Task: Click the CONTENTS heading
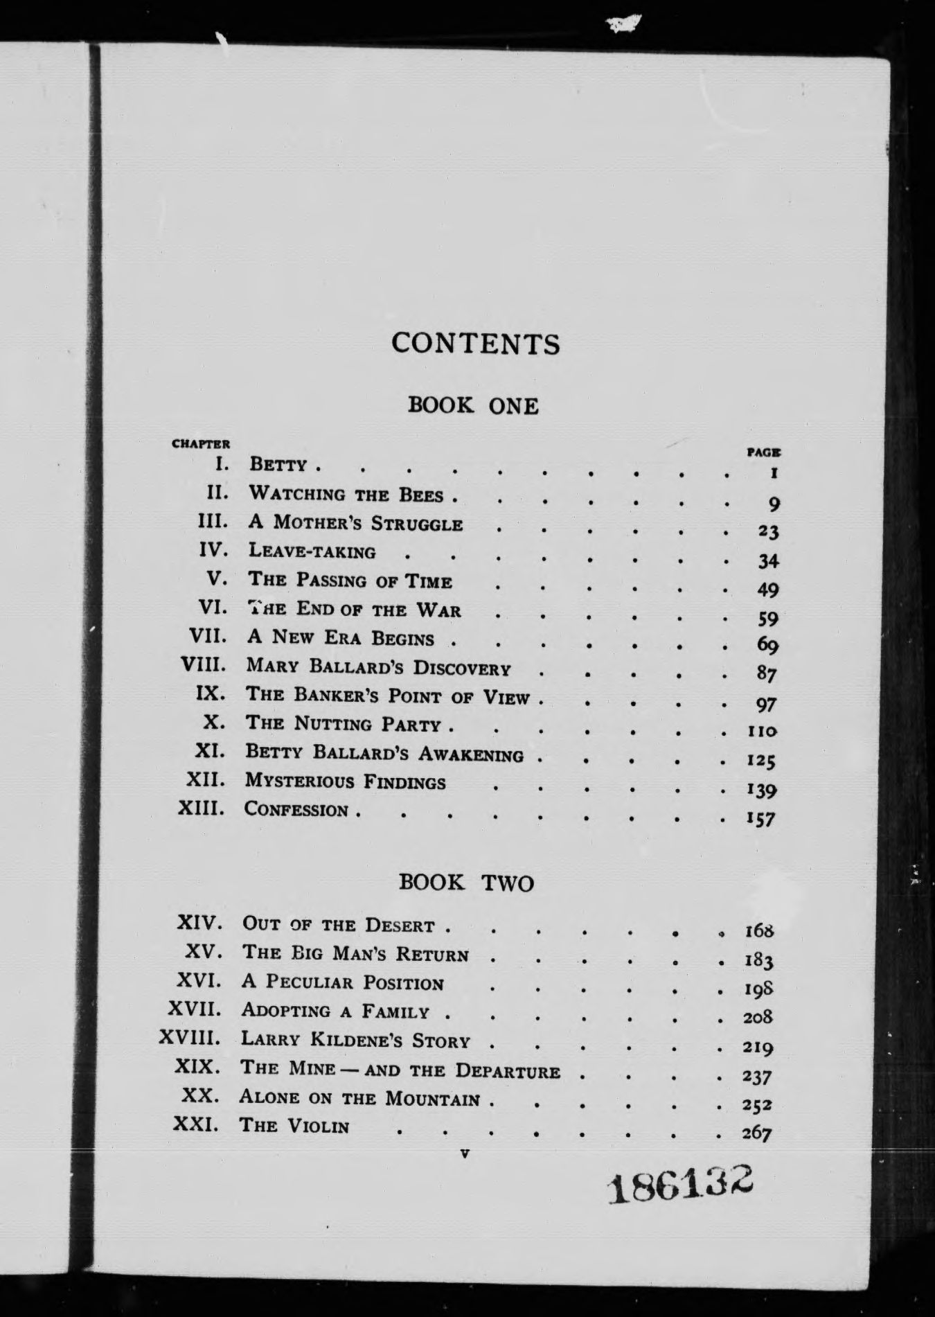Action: click(x=475, y=344)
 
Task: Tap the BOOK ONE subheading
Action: click(x=473, y=405)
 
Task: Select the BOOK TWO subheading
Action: click(x=467, y=883)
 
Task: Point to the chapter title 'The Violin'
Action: click(x=294, y=1125)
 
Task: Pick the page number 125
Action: click(x=760, y=761)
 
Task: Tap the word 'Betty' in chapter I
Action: click(x=278, y=464)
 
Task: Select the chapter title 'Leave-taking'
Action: click(x=312, y=551)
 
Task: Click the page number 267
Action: click(x=756, y=1133)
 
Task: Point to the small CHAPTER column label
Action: click(x=200, y=444)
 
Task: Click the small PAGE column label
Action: click(x=764, y=453)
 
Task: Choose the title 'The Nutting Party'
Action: click(x=344, y=725)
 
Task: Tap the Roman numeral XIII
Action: click(x=201, y=808)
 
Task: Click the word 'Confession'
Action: click(x=296, y=810)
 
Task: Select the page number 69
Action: click(x=767, y=646)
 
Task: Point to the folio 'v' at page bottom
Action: click(x=464, y=1154)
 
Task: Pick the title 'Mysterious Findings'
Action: click(x=346, y=782)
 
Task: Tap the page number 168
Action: click(x=758, y=930)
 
